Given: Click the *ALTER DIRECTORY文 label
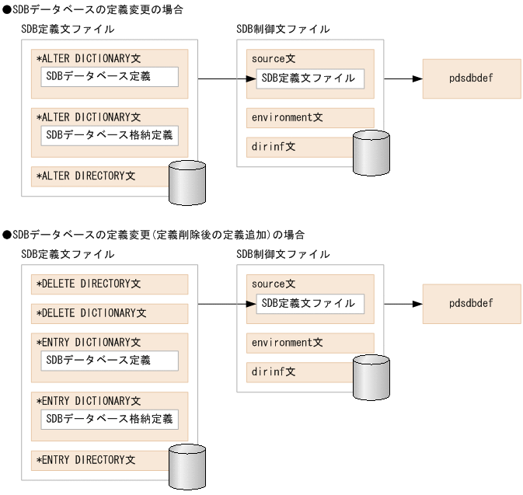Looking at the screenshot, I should [x=85, y=176].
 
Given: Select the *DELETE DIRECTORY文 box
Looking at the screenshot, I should [x=110, y=284].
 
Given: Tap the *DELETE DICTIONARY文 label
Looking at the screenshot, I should [x=91, y=313].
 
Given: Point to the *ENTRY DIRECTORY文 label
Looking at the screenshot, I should [x=85, y=460].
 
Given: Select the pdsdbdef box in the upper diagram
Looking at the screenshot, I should [x=472, y=78].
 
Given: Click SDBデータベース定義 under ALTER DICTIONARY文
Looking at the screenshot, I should [x=110, y=76].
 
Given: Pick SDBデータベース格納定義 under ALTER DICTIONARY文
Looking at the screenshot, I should [x=110, y=135].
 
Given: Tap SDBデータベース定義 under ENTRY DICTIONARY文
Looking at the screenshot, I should [x=110, y=361].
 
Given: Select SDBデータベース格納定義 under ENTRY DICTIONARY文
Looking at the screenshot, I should [x=110, y=420].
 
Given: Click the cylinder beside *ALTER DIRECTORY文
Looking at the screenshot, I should [x=187, y=183].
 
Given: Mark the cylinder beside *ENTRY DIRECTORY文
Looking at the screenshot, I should [x=187, y=466].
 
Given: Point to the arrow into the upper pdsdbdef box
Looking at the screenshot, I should [x=404, y=78].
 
